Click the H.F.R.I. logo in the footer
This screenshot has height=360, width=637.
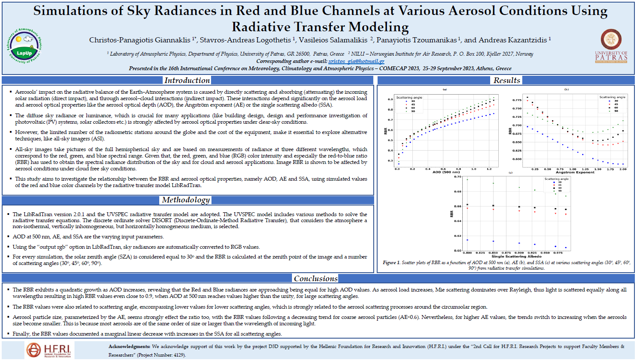point(48,350)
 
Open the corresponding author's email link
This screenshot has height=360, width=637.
point(356,61)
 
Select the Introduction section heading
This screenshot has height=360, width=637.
point(187,80)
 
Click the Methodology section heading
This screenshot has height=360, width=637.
point(186,200)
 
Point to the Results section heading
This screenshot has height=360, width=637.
point(506,80)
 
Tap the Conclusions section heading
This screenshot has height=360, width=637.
point(316,279)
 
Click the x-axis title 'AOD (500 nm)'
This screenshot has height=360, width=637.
point(446,172)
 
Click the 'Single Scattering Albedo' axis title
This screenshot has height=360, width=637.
point(516,256)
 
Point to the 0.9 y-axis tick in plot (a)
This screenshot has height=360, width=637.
point(390,99)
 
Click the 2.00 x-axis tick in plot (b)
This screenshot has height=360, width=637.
point(623,169)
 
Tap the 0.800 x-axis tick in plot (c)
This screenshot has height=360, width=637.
point(467,253)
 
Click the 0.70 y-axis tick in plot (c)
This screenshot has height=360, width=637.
point(458,177)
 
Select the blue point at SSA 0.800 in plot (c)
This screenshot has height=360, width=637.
point(467,240)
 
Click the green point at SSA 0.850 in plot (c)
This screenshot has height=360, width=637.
point(493,183)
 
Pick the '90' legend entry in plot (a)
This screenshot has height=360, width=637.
point(413,111)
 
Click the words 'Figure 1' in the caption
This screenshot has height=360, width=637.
point(391,263)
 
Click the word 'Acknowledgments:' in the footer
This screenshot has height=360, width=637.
point(129,347)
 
